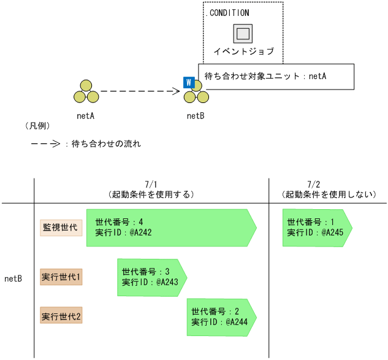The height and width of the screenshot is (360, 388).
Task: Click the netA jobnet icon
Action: [x=86, y=93]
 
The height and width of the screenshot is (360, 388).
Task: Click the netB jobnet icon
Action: [x=197, y=93]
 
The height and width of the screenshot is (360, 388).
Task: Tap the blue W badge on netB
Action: [x=189, y=82]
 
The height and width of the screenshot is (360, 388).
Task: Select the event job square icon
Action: [x=243, y=33]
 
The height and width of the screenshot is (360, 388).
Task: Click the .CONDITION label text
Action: [x=226, y=12]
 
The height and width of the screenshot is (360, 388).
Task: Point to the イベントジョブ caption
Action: [x=243, y=52]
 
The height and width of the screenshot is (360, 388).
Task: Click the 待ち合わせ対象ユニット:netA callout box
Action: [x=276, y=77]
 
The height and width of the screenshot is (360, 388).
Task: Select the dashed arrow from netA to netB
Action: [x=140, y=92]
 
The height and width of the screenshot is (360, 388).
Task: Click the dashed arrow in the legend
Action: [x=45, y=145]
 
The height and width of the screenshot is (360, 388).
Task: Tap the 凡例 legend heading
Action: [x=37, y=126]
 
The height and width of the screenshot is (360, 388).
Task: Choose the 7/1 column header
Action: [x=151, y=189]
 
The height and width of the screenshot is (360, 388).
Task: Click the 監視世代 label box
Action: [x=61, y=228]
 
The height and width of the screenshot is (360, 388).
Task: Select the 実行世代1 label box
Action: [x=61, y=277]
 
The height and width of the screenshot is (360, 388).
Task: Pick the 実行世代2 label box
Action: [x=61, y=316]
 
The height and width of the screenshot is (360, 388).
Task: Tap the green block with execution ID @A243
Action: [x=151, y=277]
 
